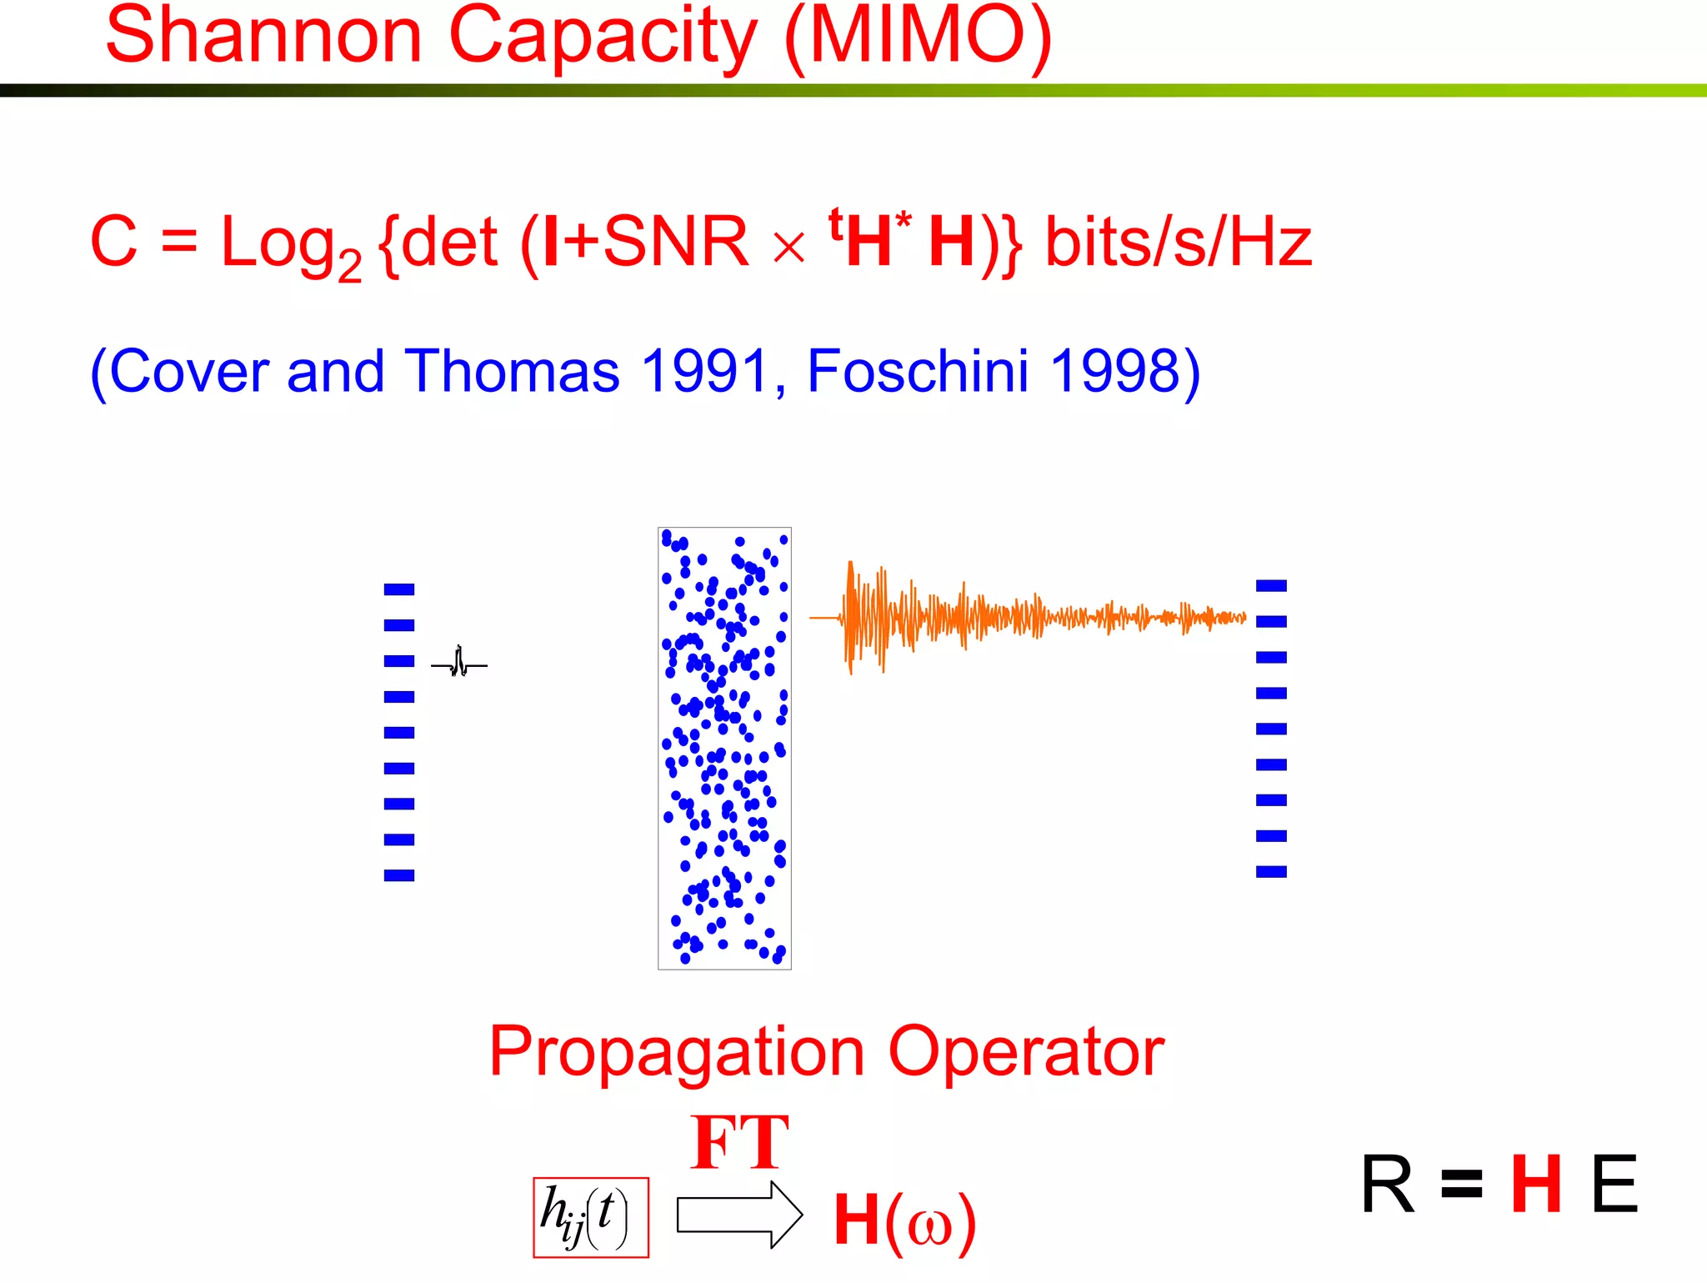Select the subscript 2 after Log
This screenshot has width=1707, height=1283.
(x=350, y=267)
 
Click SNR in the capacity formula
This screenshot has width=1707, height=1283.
(x=675, y=242)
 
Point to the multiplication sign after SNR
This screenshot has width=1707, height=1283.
(x=788, y=248)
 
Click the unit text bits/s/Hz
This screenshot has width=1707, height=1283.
(x=1179, y=242)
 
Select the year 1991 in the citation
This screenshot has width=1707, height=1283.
(x=704, y=371)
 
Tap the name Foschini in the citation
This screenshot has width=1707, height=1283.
(x=918, y=371)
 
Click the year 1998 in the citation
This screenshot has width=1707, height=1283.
(x=1114, y=371)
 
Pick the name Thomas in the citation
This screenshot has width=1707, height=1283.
(x=512, y=371)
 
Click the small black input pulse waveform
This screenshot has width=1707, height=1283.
(x=459, y=663)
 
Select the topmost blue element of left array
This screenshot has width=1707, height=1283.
(x=399, y=589)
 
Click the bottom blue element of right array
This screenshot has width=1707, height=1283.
(x=1271, y=872)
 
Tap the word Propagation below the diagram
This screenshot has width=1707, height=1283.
(x=676, y=1053)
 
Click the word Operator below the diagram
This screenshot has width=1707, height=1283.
(x=1026, y=1053)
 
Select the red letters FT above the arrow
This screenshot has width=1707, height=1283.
(x=739, y=1144)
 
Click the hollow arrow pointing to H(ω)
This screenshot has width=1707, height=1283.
(x=738, y=1215)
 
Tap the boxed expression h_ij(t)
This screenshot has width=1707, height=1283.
(x=590, y=1217)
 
